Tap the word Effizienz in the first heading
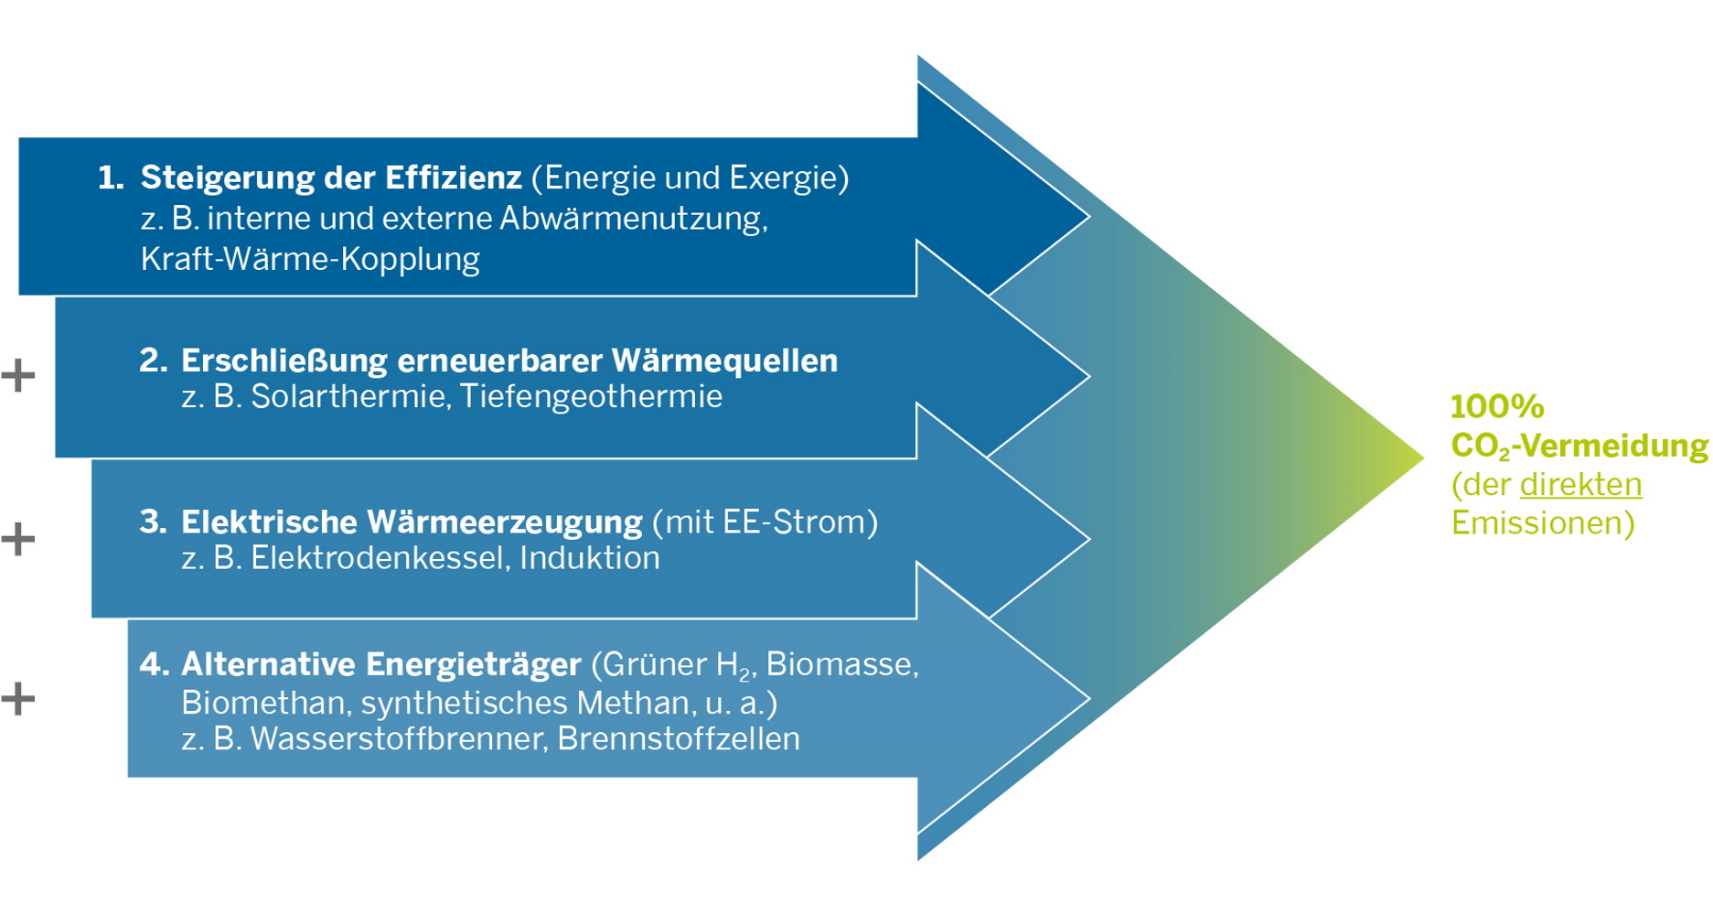(x=453, y=178)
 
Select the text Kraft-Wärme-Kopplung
(x=310, y=259)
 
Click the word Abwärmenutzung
(x=632, y=219)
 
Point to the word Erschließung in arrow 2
(x=284, y=361)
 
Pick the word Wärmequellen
(x=723, y=361)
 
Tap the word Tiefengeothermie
(x=591, y=396)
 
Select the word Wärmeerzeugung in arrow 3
(x=504, y=522)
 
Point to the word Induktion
(x=589, y=558)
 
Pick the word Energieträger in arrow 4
(x=473, y=664)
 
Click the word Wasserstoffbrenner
(x=398, y=738)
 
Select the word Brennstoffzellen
(x=678, y=738)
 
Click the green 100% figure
(x=1497, y=406)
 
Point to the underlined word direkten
(x=1580, y=484)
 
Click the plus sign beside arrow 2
(x=17, y=376)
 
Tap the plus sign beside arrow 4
(x=17, y=699)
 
